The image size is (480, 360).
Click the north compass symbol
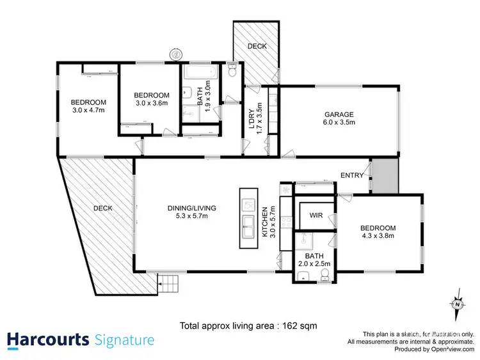[457, 304]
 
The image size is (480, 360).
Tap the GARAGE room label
[339, 115]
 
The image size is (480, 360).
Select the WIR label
[316, 215]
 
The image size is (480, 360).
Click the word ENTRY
[352, 175]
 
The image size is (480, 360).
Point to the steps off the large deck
[168, 281]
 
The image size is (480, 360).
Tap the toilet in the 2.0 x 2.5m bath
[325, 275]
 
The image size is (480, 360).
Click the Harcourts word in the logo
[47, 339]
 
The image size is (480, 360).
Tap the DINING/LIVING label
[192, 208]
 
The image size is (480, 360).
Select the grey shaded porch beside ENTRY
[385, 175]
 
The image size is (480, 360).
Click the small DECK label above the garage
[257, 47]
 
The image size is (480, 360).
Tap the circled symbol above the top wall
[175, 54]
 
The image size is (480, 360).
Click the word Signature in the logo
[124, 339]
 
